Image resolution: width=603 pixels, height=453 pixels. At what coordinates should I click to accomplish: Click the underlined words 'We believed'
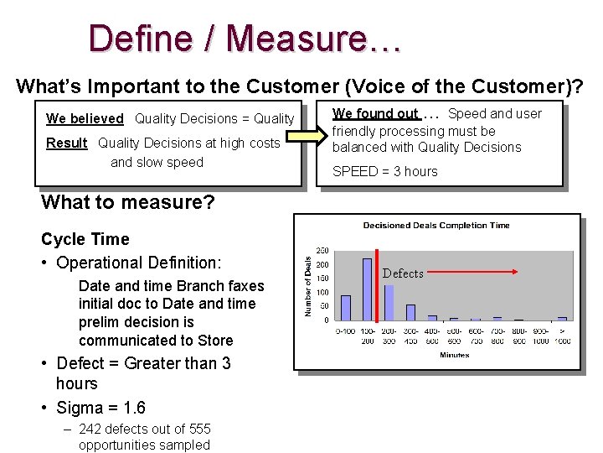click(85, 119)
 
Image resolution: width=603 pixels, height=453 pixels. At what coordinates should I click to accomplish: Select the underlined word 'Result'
click(66, 143)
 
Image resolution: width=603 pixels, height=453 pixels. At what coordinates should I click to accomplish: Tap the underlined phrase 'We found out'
click(375, 114)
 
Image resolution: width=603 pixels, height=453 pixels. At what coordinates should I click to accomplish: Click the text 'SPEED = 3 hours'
click(384, 171)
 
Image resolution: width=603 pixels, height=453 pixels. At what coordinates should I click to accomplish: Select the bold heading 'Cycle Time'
click(85, 239)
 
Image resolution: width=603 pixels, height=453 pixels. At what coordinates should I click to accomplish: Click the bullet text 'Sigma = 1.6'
click(100, 408)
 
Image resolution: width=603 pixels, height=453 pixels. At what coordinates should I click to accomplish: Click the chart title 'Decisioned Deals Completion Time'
click(435, 225)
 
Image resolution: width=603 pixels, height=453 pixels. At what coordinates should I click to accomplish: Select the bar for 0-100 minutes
click(346, 307)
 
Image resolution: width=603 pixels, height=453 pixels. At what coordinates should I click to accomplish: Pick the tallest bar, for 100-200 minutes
click(367, 289)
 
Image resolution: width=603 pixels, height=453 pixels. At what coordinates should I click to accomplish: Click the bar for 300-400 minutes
click(410, 311)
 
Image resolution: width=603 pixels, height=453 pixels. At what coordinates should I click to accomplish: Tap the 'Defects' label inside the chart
click(403, 273)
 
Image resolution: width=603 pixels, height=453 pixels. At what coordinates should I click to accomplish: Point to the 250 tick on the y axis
click(322, 249)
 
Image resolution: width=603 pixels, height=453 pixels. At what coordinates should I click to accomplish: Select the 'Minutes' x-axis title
click(455, 355)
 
